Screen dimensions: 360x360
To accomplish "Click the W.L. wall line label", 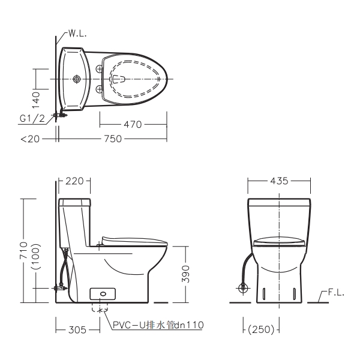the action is pos(77,34).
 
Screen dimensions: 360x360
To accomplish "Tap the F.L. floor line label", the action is pos(336,293).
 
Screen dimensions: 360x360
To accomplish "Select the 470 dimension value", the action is pos(133,125).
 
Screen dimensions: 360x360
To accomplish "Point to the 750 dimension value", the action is pos(113,139).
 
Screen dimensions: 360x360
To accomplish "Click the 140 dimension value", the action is pos(36,100).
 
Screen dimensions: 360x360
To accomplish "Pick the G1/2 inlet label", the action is pos(32,119).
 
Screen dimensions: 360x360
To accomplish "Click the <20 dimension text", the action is pos(30,139).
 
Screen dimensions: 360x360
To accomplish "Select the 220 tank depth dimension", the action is pos(74,181).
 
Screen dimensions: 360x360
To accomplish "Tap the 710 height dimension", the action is pos(23,250).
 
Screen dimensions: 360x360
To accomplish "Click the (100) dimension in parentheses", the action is pos(36,256).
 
